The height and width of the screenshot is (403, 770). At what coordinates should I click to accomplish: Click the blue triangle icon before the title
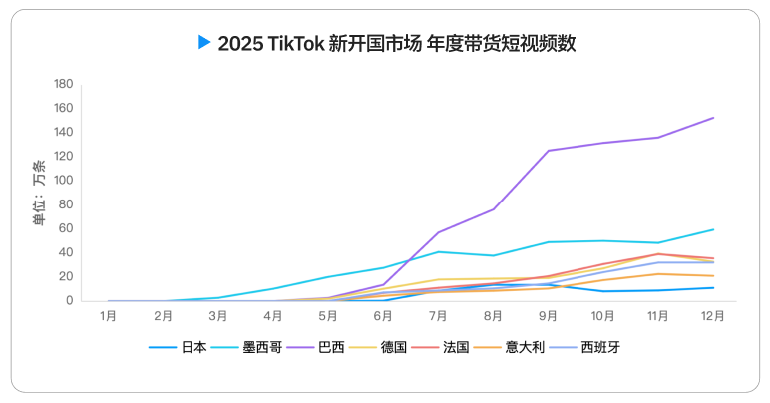[x=204, y=42]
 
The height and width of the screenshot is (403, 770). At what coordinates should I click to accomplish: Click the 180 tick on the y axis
[x=64, y=84]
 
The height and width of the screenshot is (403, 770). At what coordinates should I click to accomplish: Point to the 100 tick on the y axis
[x=64, y=181]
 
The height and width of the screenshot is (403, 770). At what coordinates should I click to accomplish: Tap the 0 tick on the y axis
[x=70, y=301]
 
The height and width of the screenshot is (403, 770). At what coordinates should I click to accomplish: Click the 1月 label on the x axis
[x=109, y=316]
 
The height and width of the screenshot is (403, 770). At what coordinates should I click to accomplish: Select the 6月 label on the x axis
[x=383, y=316]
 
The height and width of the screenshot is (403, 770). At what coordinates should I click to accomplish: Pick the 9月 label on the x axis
[x=548, y=316]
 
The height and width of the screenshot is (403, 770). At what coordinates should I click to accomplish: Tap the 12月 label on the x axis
[x=713, y=316]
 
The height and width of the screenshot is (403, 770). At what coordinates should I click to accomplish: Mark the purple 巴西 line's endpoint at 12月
[x=713, y=118]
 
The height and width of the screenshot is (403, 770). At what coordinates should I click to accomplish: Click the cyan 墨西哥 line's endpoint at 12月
[x=713, y=229]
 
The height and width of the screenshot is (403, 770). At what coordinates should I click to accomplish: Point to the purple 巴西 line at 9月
[x=548, y=151]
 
